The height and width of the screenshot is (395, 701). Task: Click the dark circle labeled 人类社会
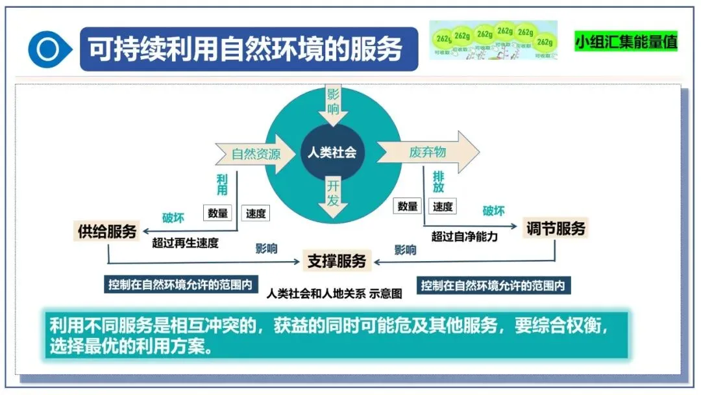pos(332,153)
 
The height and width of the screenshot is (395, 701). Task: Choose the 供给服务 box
pos(108,231)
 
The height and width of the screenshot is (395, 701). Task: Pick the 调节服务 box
pos(556,228)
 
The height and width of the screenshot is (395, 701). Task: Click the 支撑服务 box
pos(337,261)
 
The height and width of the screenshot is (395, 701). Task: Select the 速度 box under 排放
pos(443,207)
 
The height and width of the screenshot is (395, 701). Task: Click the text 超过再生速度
pos(185,243)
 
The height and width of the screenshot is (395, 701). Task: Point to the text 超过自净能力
pos(465,236)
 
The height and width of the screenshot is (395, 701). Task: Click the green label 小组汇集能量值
pos(626,42)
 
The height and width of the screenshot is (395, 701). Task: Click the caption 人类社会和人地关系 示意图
pos(334,293)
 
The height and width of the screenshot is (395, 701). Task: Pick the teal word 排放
pos(439,181)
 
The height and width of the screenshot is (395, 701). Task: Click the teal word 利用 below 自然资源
pos(222,184)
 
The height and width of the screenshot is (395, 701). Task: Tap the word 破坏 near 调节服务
pos(493,211)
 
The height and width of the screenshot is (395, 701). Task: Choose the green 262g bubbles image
pos(493,40)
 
